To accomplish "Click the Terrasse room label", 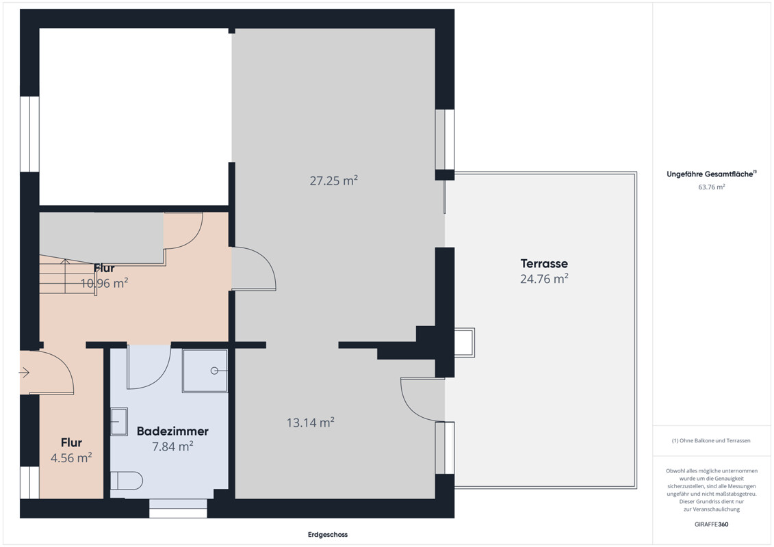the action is pyautogui.click(x=544, y=263).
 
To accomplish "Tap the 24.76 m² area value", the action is pyautogui.click(x=544, y=279).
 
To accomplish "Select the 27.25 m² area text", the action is pyautogui.click(x=334, y=181).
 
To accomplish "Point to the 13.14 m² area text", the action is pyautogui.click(x=311, y=422).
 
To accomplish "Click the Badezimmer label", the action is pyautogui.click(x=172, y=431).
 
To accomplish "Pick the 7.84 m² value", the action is pyautogui.click(x=172, y=446).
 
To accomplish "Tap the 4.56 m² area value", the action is pyautogui.click(x=71, y=457).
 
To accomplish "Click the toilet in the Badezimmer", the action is pyautogui.click(x=127, y=481).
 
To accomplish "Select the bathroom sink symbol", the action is pyautogui.click(x=119, y=421).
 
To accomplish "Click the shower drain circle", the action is pyautogui.click(x=214, y=371).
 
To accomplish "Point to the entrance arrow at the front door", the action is pyautogui.click(x=25, y=373).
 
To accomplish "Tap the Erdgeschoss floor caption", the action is pyautogui.click(x=328, y=534).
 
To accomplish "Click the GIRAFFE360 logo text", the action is pyautogui.click(x=711, y=524).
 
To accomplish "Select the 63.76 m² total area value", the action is pyautogui.click(x=711, y=187).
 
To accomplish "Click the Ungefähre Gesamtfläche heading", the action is pyautogui.click(x=711, y=174).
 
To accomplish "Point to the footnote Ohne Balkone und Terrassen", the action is pyautogui.click(x=711, y=440).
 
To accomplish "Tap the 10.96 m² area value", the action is pyautogui.click(x=104, y=283).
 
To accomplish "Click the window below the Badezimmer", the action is pyautogui.click(x=178, y=508).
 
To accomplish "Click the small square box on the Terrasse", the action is pyautogui.click(x=464, y=343).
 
